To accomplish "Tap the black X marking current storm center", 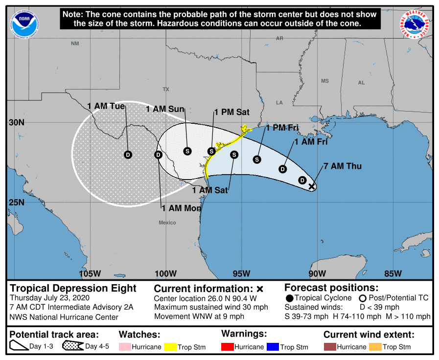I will point(312,186).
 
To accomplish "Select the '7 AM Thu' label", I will point(342,166).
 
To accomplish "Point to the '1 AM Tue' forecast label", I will point(106,106).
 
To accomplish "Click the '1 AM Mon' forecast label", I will point(182,208).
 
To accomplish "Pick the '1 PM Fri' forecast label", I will point(282,128).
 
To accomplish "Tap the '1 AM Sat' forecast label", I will point(210,190).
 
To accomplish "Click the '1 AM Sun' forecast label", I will point(164,109).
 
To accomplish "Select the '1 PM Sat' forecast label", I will point(232,112).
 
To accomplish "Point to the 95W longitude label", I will point(241,273).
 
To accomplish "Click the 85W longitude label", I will point(393,273).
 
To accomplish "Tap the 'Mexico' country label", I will point(167,223).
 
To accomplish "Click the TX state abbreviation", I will point(165,90).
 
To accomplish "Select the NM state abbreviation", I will point(74,44).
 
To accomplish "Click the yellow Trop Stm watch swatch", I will point(170,347).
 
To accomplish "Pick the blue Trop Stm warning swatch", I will point(273,347).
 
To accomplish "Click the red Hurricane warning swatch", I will point(227,347).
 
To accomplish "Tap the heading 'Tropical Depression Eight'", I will point(73,288).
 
